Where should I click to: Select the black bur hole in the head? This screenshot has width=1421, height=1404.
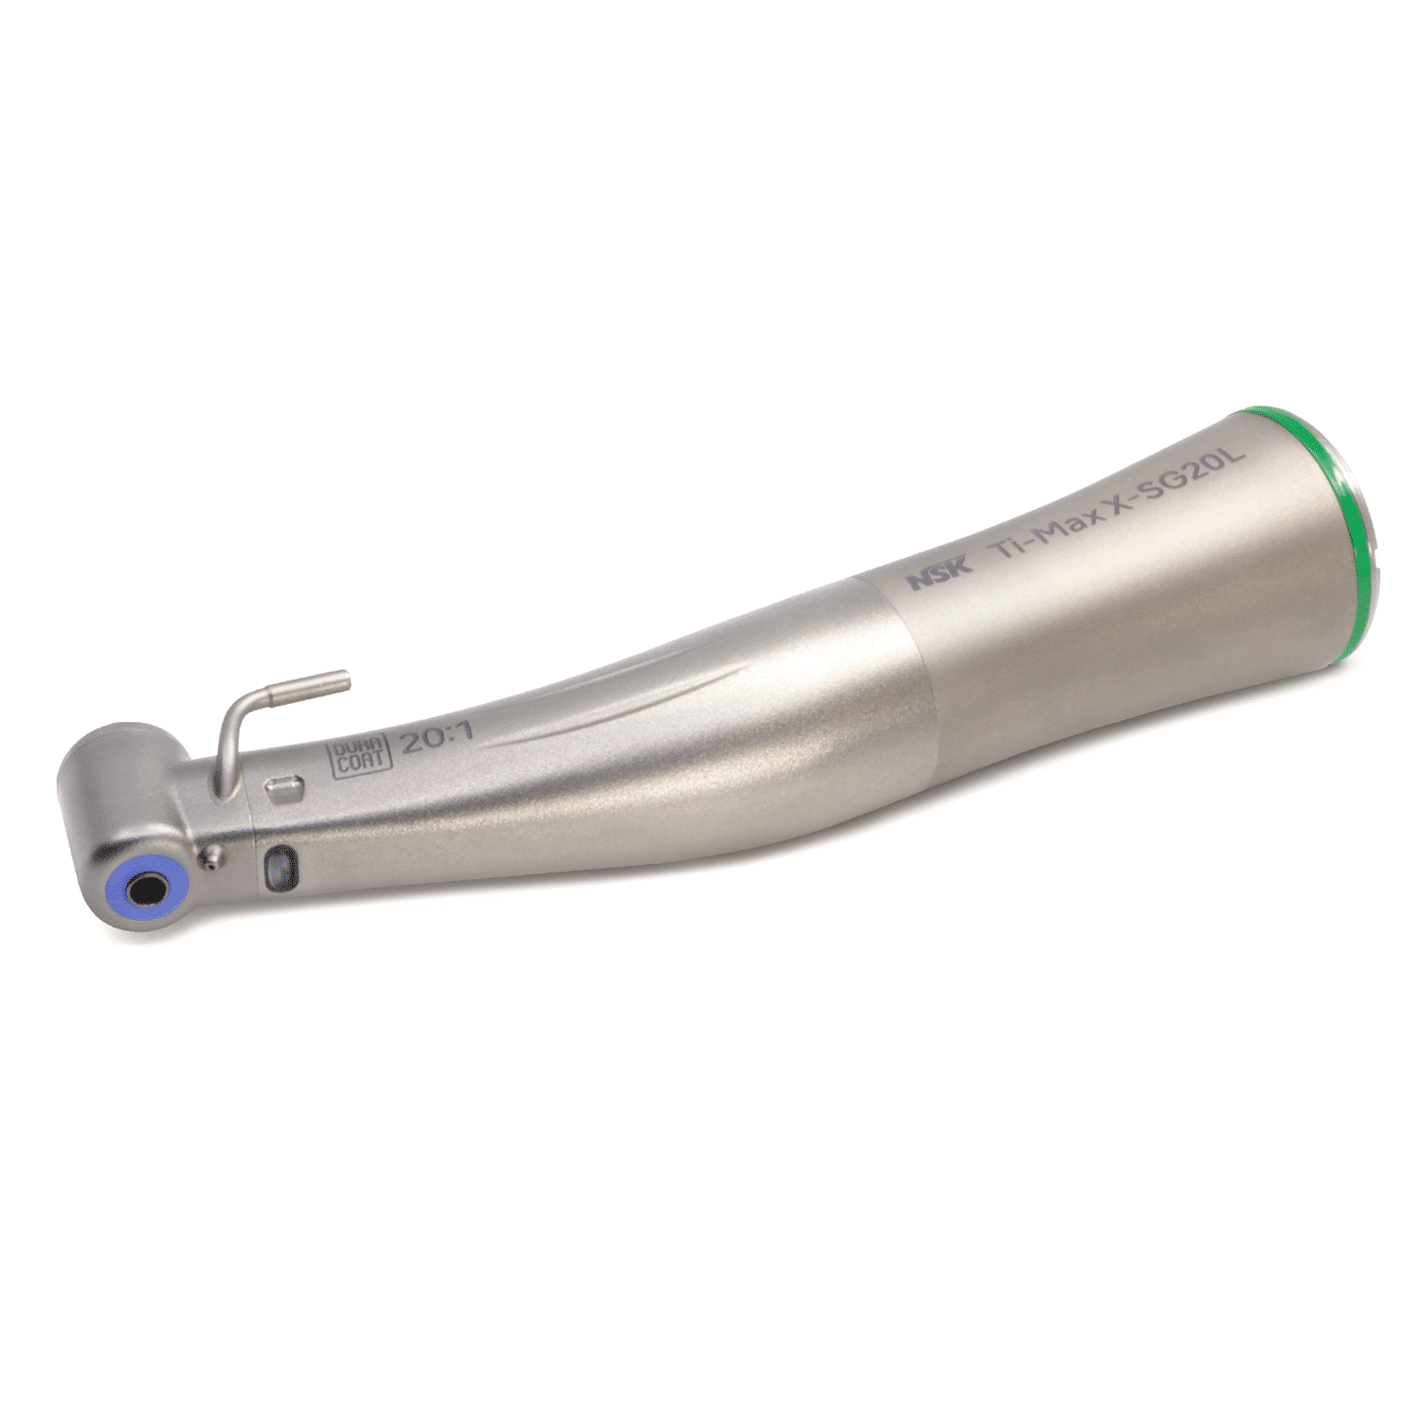[148, 891]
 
